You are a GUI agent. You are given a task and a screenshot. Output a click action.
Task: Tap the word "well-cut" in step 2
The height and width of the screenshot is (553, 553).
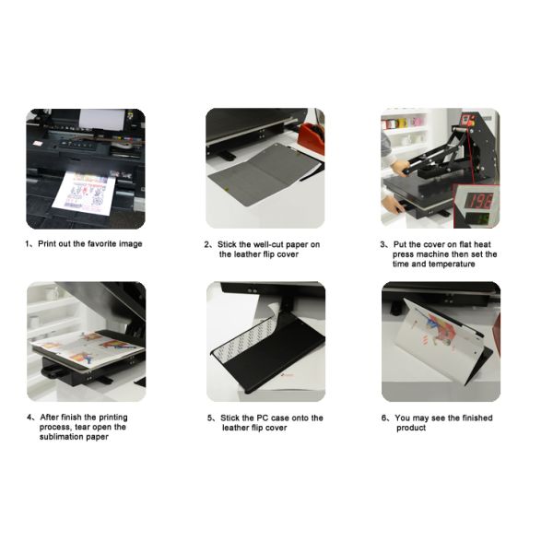[x=267, y=244]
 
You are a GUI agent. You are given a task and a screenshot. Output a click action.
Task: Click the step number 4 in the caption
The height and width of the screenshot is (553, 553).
[x=29, y=418]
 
